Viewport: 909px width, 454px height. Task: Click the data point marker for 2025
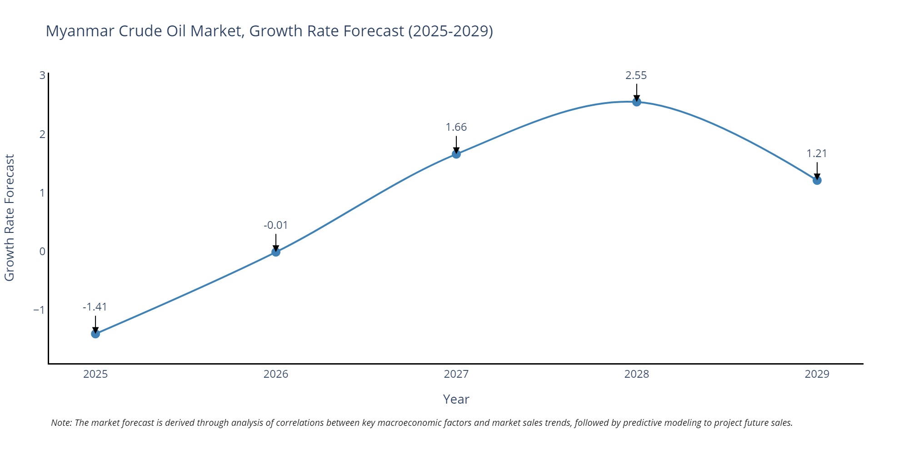click(x=95, y=334)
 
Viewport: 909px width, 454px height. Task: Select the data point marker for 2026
click(x=276, y=252)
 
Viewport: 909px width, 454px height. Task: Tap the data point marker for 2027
click(x=456, y=154)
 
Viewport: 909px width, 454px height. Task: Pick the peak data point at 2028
click(x=637, y=102)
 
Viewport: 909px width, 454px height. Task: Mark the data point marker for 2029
click(x=817, y=180)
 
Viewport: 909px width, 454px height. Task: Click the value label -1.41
click(x=95, y=307)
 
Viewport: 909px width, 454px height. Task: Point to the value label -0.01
click(x=276, y=225)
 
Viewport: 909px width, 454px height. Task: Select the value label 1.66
click(x=456, y=127)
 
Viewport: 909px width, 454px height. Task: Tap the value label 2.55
click(x=636, y=75)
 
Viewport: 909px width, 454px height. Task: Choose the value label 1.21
click(x=817, y=153)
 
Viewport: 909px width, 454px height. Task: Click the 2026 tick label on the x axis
click(x=276, y=374)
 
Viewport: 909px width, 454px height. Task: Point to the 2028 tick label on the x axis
click(x=637, y=374)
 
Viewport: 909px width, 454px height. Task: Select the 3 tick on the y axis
click(x=42, y=75)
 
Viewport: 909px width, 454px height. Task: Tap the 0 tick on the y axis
click(x=42, y=252)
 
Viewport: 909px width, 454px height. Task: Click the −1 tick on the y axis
click(x=39, y=310)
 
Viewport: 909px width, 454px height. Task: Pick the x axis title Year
click(x=456, y=399)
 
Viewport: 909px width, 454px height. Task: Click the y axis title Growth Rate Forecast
click(x=10, y=218)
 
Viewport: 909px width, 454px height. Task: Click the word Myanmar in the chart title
click(x=80, y=31)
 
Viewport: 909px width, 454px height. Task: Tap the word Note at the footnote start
click(x=61, y=423)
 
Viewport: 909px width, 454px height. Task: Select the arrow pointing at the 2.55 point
click(x=637, y=92)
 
